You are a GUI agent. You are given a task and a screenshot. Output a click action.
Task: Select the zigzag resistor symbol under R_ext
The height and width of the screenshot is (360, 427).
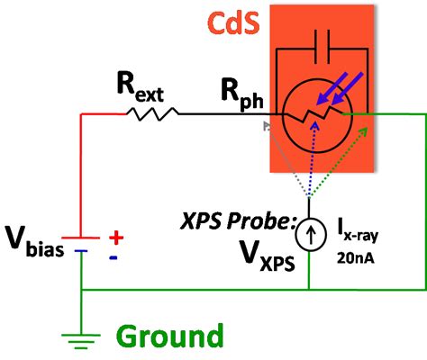click(153, 114)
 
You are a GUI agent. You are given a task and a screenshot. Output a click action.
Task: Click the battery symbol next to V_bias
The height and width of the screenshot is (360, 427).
click(82, 245)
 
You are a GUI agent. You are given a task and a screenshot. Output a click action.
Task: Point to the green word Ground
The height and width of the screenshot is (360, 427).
click(168, 337)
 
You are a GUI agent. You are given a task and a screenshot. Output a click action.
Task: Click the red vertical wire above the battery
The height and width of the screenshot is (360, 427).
click(82, 171)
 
